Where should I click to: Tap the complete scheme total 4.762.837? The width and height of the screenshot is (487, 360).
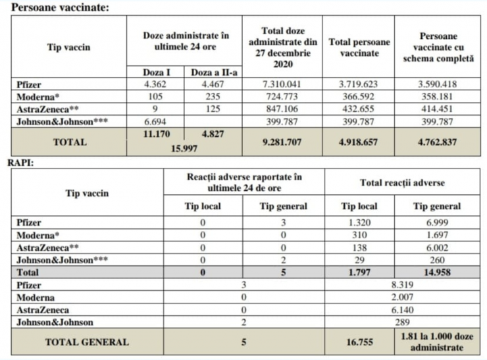[437, 141]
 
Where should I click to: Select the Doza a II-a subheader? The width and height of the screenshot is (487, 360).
[213, 72]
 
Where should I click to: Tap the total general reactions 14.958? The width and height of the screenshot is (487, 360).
[437, 271]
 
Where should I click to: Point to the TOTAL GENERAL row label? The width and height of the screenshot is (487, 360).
[86, 342]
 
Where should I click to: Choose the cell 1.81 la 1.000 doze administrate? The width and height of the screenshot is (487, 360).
[437, 342]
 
